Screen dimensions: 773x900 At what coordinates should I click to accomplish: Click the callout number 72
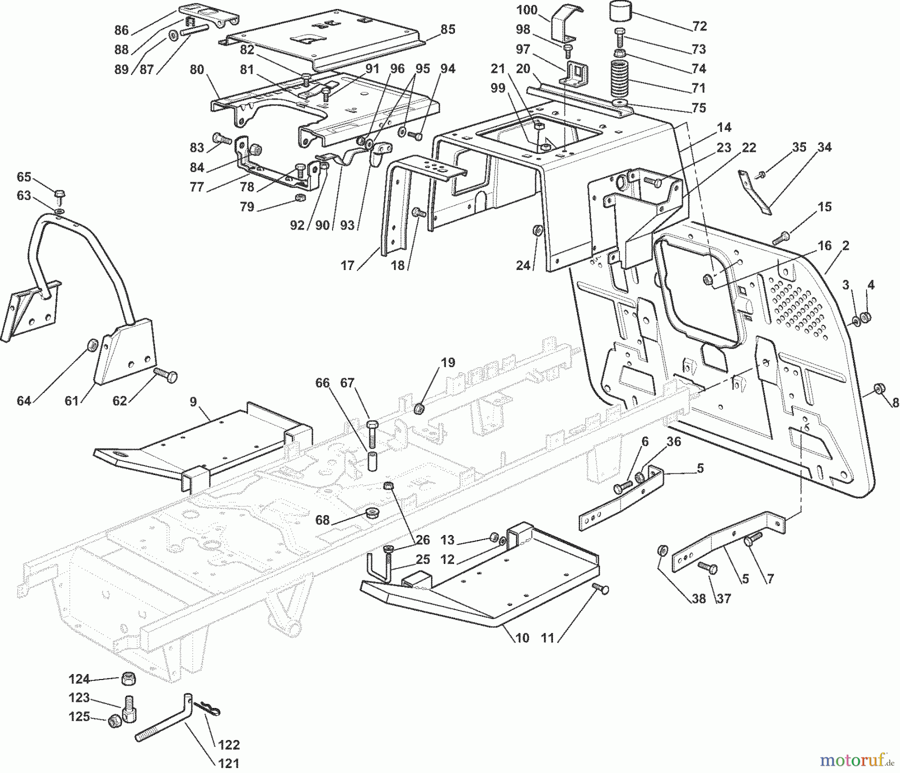pos(699,26)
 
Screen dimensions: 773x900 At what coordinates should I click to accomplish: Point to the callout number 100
pos(527,9)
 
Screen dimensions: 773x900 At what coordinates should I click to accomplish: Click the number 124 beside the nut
pos(79,679)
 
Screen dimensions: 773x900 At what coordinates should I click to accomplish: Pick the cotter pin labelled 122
pos(206,708)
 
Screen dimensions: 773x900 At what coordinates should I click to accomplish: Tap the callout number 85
pos(448,29)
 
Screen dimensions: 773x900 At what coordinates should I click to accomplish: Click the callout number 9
pos(193,401)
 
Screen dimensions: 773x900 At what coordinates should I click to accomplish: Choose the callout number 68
pos(322,520)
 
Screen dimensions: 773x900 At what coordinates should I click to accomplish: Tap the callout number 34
pos(824,147)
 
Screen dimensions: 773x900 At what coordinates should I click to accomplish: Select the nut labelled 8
pos(877,388)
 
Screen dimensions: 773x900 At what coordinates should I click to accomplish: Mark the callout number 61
pos(72,400)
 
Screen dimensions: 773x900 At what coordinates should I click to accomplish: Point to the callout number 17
pos(347,265)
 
